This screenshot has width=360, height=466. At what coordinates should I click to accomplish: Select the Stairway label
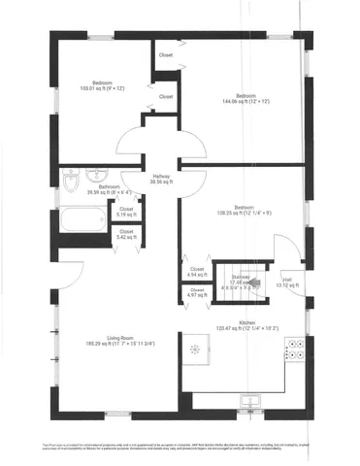244,282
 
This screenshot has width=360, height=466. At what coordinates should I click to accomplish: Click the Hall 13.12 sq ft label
288,283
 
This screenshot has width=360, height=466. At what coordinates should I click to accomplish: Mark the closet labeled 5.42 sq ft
127,234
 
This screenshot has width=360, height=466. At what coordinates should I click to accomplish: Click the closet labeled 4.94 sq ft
197,272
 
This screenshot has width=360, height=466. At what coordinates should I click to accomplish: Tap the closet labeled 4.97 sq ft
197,292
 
